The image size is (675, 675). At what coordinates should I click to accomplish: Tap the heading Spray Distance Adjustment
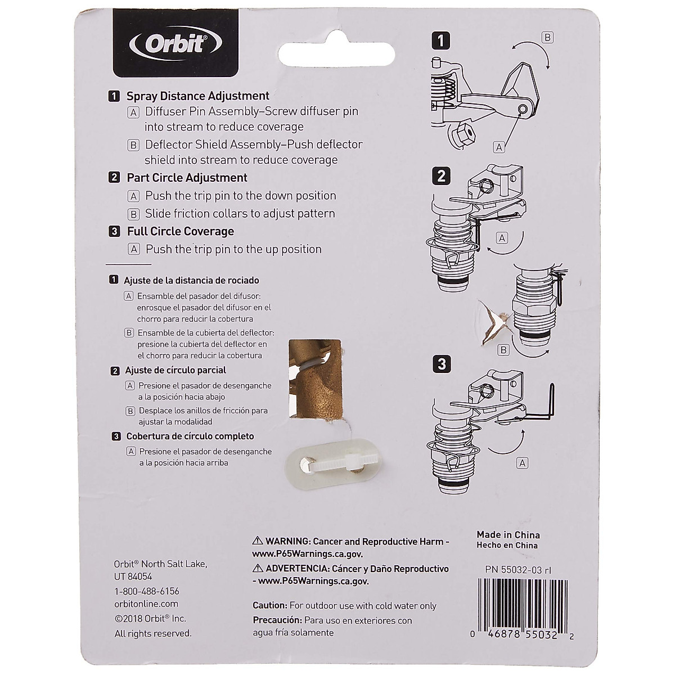(x=198, y=96)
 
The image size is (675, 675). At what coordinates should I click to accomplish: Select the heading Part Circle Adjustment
(x=187, y=178)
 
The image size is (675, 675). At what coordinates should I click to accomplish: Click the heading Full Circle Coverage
(x=180, y=231)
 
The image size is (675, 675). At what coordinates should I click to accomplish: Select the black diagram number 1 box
(x=442, y=40)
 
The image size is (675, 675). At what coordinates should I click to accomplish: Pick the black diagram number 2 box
(x=442, y=176)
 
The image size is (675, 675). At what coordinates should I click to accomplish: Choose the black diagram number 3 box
(x=442, y=364)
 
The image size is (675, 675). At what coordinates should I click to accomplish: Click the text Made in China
(x=508, y=535)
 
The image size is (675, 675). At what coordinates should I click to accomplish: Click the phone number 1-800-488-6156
(x=146, y=591)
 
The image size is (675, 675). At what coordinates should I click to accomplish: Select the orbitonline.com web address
(x=146, y=604)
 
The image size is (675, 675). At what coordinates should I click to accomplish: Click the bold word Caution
(x=270, y=606)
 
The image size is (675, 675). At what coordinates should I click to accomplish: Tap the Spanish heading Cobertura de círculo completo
(x=190, y=436)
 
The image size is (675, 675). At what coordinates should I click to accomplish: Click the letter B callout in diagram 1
(x=547, y=38)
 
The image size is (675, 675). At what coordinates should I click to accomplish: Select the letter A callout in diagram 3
(x=522, y=463)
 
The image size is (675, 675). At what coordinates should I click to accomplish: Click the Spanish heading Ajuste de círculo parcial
(x=175, y=370)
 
